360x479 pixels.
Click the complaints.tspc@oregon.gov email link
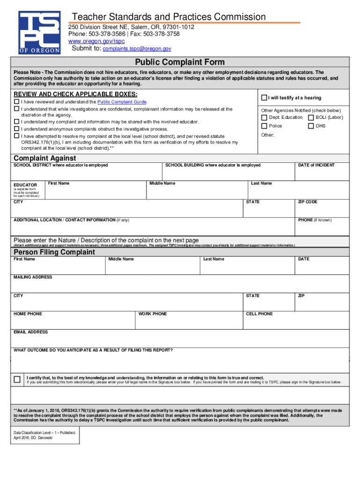tap(137, 49)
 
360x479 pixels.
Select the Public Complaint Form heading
tap(180, 62)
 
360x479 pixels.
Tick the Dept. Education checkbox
tap(264, 117)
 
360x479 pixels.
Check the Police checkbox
tap(264, 126)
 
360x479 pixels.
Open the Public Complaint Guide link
tap(122, 102)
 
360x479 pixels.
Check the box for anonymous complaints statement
tap(17, 129)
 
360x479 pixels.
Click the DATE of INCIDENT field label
tap(316, 165)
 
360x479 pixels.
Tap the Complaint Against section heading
tap(45, 158)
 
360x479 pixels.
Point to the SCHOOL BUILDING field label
tap(213, 165)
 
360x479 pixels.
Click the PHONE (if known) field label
tap(315, 220)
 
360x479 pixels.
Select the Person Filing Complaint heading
tap(54, 252)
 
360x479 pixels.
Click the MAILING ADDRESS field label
tap(33, 277)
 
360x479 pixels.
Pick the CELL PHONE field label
tap(259, 314)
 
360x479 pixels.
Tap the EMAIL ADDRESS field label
tap(30, 332)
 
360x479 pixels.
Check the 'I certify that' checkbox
tap(17, 379)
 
